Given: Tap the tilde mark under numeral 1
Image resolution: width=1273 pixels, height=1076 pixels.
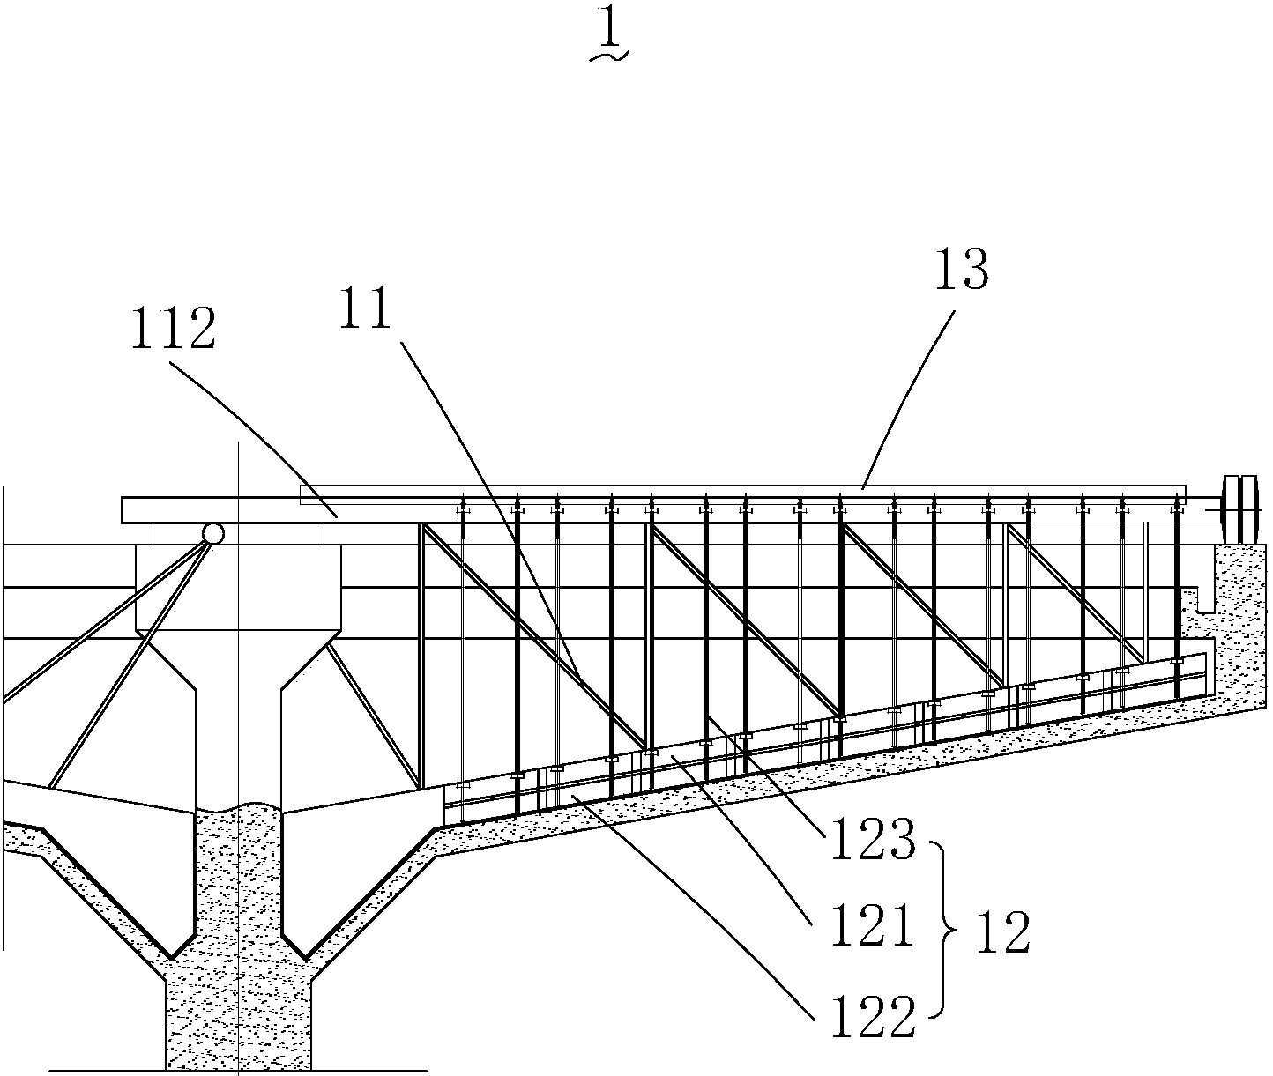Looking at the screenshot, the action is coord(609,56).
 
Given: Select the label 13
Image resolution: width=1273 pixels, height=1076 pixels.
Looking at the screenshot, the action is coord(962,269).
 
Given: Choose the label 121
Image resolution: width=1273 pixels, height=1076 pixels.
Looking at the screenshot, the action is coord(872,926).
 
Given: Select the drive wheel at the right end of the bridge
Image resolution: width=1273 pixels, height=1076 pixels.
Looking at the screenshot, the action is coord(1239,509).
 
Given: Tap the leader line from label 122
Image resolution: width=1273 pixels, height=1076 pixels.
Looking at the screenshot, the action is coord(694,905).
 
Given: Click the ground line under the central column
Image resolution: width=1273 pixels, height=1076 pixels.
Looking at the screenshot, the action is coord(238,1071).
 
